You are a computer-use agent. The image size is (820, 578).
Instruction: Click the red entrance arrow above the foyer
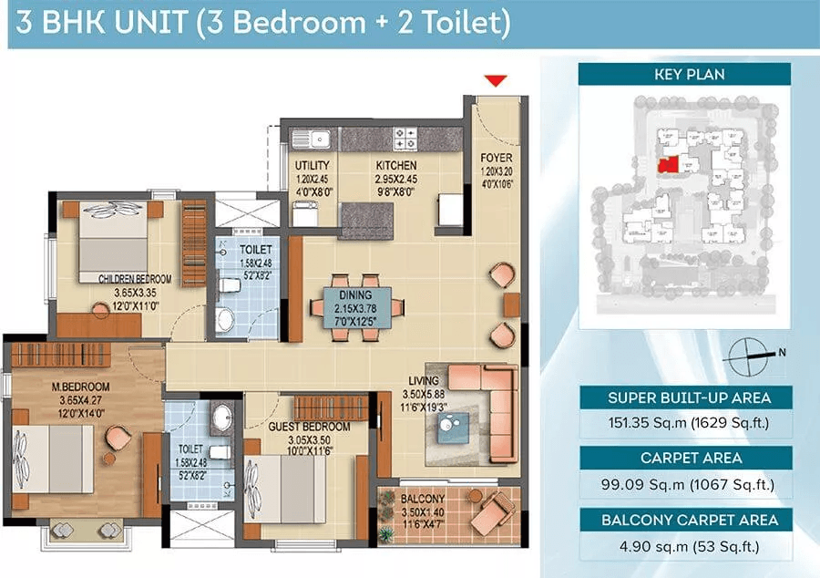[x=496, y=80]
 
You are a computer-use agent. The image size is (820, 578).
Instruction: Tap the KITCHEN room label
[x=396, y=166]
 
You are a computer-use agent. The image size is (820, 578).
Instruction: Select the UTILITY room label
[x=313, y=166]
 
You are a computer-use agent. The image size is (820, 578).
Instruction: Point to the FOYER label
[x=497, y=158]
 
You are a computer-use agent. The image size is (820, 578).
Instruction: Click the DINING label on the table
[x=355, y=295]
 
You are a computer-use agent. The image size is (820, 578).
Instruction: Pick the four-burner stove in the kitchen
[x=405, y=138]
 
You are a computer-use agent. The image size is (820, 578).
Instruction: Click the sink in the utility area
[x=311, y=139]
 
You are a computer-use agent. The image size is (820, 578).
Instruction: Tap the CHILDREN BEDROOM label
[x=135, y=279]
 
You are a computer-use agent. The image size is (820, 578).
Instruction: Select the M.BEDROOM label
[x=80, y=387]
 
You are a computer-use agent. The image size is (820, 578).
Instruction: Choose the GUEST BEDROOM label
[x=309, y=427]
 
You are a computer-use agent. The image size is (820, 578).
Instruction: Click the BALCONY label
[x=423, y=499]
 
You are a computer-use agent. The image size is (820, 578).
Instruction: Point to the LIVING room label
[x=424, y=381]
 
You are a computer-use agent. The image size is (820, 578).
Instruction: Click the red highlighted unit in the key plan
[x=668, y=165]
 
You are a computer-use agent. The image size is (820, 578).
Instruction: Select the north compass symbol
[x=749, y=356]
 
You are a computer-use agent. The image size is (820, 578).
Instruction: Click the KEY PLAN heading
[x=690, y=74]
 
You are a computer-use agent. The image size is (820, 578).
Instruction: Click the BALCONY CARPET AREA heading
[x=690, y=520]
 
